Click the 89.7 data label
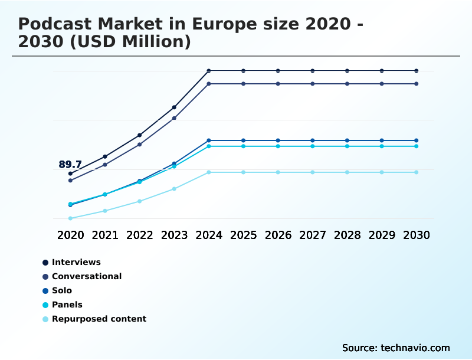click(70, 165)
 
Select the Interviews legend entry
click(76, 262)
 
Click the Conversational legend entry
click(86, 276)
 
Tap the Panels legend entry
click(67, 305)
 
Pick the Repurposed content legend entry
click(99, 319)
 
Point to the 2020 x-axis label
click(71, 235)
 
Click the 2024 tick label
click(209, 235)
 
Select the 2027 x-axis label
click(313, 235)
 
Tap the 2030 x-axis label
click(417, 235)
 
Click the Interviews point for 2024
click(209, 71)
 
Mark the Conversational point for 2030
click(417, 84)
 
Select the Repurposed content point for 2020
click(70, 218)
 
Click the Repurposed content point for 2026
click(278, 172)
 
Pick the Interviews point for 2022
click(140, 135)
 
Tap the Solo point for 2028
click(347, 140)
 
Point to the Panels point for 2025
click(243, 146)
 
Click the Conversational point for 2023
click(174, 118)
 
